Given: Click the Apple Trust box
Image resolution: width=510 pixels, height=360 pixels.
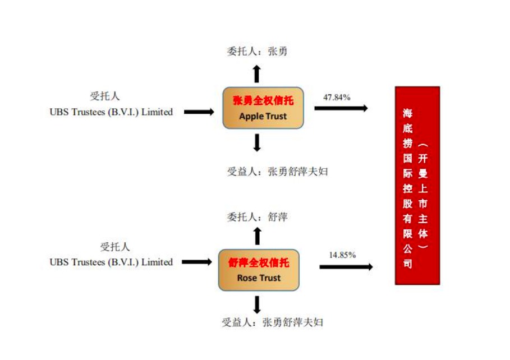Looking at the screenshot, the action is coord(263,108).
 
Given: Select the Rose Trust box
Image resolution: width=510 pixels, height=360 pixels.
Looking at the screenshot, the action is coord(259,270).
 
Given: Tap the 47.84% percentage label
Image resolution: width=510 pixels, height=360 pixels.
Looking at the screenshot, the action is coord(337,97).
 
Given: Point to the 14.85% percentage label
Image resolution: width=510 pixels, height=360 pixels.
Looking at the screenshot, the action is coord(342,255).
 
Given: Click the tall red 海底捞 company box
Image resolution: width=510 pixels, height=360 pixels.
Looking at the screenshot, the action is coord(417,186).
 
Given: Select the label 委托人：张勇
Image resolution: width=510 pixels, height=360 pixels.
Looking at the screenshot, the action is coord(257,51).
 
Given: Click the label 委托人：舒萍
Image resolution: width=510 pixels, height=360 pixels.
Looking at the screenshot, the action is coord(257,216).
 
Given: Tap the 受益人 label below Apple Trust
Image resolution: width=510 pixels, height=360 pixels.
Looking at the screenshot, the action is coord(278,172).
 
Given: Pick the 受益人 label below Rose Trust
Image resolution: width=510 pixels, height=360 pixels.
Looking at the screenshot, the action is coord(273,322).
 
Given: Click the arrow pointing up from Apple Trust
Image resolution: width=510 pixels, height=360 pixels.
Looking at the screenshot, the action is coord(257,74).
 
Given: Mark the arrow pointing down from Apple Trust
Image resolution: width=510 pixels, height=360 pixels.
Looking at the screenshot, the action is coord(257,143).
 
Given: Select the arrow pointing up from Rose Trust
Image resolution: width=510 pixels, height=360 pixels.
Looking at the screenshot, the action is coord(258,236).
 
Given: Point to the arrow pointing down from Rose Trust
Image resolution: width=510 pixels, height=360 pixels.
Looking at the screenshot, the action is coord(257,304).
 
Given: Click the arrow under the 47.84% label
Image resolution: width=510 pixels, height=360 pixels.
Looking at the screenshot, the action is coord(341,108).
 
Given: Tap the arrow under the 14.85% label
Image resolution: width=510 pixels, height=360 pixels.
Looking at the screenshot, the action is coord(346,267).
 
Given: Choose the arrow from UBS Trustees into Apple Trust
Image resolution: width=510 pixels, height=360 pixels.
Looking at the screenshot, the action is coord(199,112).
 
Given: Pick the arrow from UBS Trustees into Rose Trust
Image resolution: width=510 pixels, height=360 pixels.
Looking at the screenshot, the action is coord(197,262).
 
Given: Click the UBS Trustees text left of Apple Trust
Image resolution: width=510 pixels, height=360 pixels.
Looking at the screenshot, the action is coord(111,112).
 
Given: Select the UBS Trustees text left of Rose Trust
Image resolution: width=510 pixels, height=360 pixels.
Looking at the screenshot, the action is coord(111,262).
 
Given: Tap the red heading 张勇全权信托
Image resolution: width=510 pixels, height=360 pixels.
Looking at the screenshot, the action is coord(263,100).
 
